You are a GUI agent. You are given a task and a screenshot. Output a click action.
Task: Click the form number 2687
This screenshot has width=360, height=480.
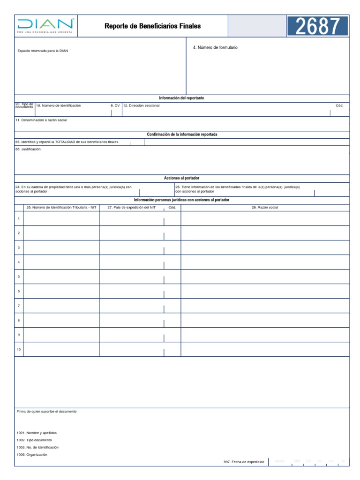(317, 26)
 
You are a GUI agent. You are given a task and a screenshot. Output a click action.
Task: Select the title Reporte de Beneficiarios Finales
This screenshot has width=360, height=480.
(152, 26)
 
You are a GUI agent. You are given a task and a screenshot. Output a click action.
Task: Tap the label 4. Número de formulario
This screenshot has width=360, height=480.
(215, 48)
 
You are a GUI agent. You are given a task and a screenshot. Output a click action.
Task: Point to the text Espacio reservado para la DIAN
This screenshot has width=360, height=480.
(43, 51)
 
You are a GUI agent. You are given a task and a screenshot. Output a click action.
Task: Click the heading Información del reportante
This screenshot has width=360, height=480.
(181, 98)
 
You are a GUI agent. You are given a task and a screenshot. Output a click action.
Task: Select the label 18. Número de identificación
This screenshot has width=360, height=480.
(59, 106)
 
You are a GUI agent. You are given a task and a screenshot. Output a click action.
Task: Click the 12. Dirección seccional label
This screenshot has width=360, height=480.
(141, 106)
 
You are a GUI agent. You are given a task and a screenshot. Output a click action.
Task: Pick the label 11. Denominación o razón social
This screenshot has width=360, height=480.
(41, 120)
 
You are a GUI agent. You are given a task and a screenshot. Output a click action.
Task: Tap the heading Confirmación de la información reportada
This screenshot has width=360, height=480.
(182, 135)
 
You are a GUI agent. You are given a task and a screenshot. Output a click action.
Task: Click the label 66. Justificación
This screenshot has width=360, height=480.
(28, 149)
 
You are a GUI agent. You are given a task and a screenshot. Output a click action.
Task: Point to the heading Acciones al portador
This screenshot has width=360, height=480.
(181, 178)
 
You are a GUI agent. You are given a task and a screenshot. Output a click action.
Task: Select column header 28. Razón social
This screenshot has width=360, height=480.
(265, 207)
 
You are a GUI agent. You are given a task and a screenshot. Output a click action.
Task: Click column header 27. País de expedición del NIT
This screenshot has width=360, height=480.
(131, 207)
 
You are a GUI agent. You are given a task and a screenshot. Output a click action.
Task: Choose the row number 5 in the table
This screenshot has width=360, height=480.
(19, 277)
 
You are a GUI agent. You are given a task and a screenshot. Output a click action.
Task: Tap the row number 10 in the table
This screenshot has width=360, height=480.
(19, 349)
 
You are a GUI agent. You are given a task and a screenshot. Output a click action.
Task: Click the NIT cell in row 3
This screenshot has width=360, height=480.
(61, 247)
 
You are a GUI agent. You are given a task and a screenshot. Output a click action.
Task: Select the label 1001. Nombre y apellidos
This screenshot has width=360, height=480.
(37, 433)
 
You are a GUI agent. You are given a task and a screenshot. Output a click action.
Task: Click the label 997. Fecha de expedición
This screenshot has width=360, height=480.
(244, 462)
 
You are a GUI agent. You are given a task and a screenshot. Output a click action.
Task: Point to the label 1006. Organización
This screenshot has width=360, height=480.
(32, 454)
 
